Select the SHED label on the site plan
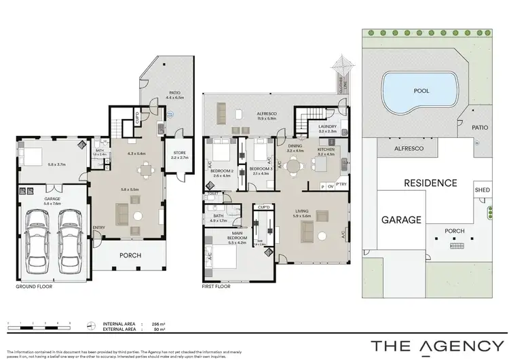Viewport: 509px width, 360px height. point(482,190)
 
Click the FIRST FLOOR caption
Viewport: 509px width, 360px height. point(216,286)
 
